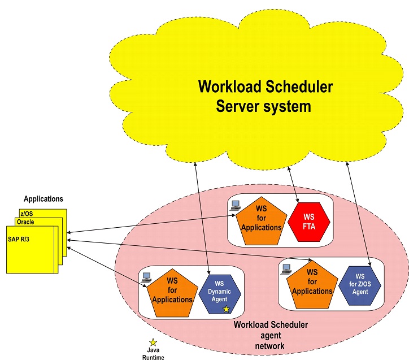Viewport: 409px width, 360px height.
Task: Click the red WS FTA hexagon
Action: click(308, 223)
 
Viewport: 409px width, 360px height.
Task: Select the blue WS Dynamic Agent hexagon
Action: click(220, 292)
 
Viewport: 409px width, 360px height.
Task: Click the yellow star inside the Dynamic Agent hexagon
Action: click(226, 309)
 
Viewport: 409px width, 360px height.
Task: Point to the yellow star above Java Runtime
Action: click(153, 342)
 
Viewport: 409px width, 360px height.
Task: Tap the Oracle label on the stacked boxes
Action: click(25, 222)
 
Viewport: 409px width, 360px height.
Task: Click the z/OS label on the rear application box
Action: click(26, 214)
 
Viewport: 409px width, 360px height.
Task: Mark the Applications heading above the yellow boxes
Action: click(43, 199)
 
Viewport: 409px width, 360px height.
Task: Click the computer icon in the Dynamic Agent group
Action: click(147, 277)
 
